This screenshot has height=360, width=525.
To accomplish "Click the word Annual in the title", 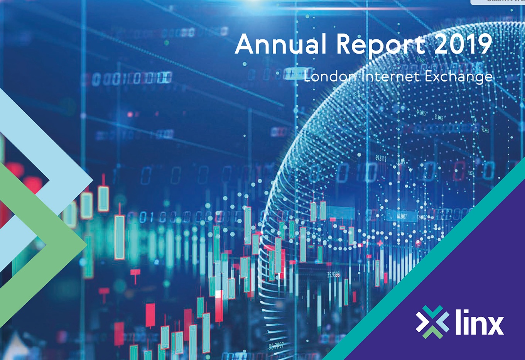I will coord(280,44).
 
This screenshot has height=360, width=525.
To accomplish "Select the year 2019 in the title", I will coord(463,44).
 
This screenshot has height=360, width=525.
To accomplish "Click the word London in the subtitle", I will coord(330,76).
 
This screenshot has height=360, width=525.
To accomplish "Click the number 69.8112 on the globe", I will coord(381,158).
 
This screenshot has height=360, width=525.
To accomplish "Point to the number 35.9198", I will coord(334,275).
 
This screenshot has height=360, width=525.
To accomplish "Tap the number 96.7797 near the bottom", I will coord(276,346).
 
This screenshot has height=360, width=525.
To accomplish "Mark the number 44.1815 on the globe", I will coord(421,113).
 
